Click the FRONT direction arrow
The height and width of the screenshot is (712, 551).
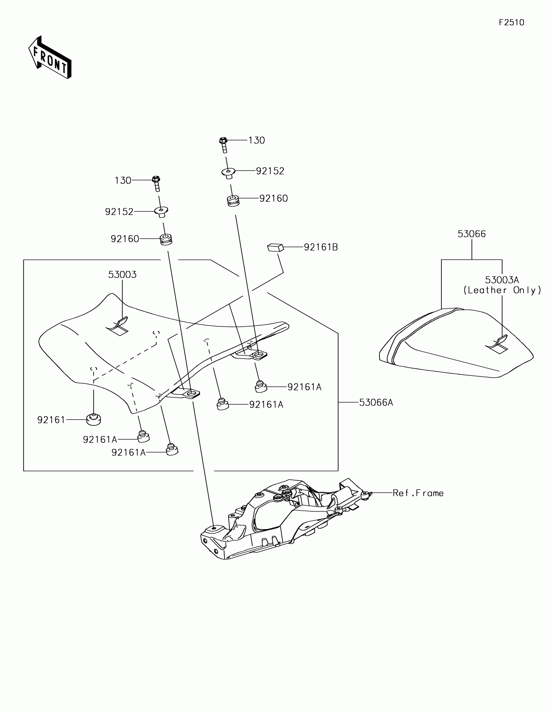click(50, 58)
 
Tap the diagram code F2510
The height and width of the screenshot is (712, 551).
click(511, 22)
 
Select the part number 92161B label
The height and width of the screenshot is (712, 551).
click(321, 247)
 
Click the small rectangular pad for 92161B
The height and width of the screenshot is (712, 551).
click(275, 248)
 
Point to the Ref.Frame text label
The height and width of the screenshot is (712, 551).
click(418, 493)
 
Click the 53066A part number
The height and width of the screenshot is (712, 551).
click(376, 403)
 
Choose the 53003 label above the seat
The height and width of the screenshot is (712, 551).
click(122, 275)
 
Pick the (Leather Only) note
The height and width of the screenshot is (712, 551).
click(502, 290)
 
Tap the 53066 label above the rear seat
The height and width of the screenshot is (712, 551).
click(472, 234)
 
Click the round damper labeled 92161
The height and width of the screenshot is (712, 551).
click(94, 419)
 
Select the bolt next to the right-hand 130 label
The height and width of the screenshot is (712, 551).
click(224, 144)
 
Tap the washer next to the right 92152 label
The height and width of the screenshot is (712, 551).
click(229, 172)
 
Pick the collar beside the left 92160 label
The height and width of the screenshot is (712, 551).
click(166, 240)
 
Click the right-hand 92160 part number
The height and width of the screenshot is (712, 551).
click(273, 198)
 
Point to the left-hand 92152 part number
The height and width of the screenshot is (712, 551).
click(119, 212)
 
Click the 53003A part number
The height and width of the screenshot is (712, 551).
click(502, 280)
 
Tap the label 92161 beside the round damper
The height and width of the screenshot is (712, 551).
click(51, 420)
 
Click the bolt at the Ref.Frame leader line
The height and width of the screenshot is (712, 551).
click(366, 495)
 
